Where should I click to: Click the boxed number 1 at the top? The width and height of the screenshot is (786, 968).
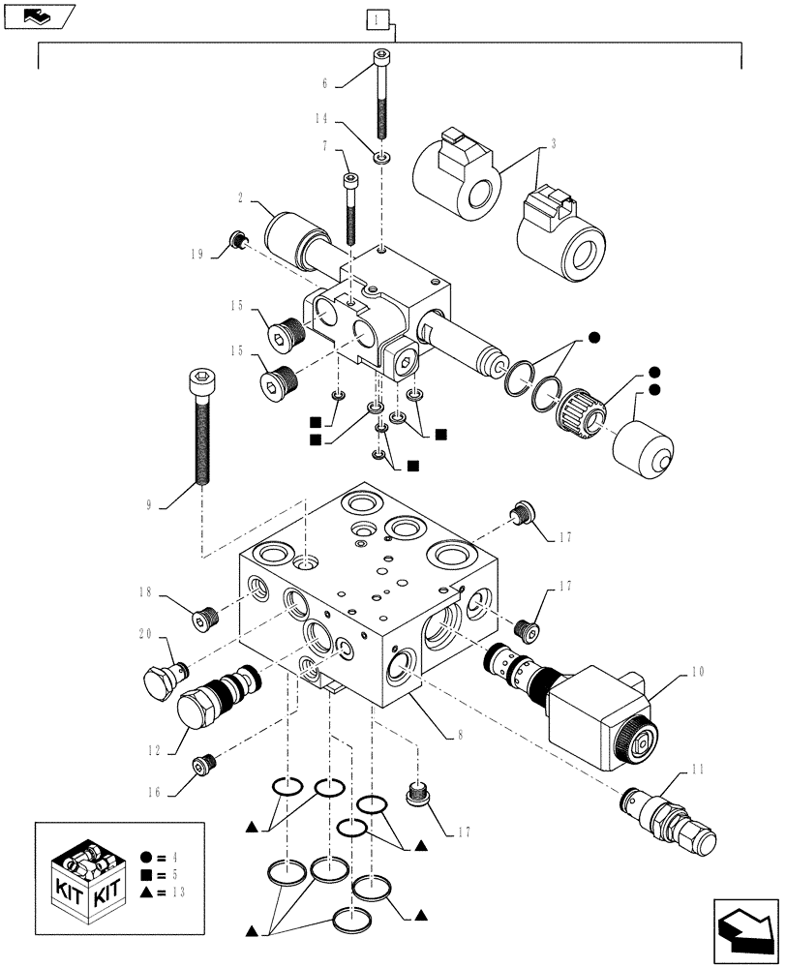click(x=378, y=19)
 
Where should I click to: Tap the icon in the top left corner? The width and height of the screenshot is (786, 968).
click(x=39, y=15)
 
